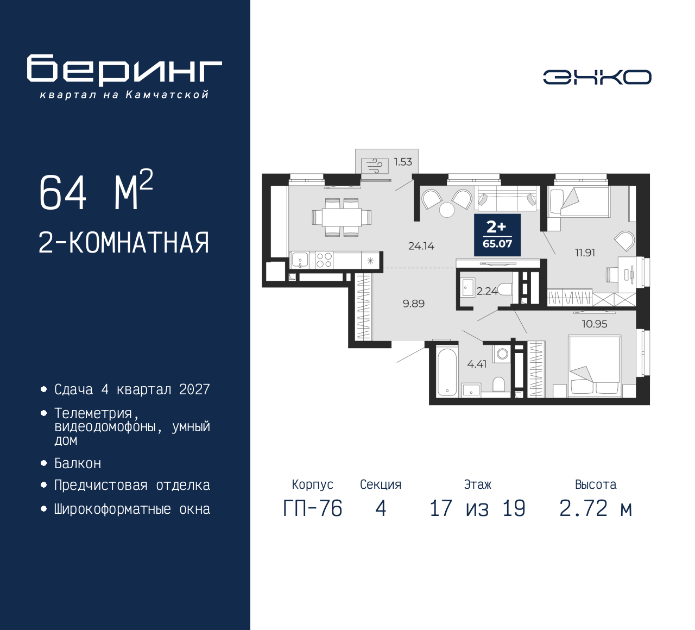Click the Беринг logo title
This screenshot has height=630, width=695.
[x=124, y=70]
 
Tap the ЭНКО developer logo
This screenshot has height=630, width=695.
[x=597, y=77]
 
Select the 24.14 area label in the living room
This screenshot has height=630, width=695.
[x=421, y=246]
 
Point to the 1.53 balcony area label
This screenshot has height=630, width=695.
[x=403, y=162]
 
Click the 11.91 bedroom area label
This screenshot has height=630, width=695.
[x=585, y=253]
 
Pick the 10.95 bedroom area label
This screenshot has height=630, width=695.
[x=594, y=324]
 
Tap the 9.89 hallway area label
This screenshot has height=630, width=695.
[x=413, y=304]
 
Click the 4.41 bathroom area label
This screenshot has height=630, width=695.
[x=477, y=364]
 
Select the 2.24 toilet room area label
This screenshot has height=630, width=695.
[x=487, y=291]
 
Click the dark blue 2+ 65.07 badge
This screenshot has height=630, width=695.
[x=497, y=235]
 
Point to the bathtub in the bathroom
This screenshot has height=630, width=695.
[x=447, y=372]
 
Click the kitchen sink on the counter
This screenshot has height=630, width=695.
[x=300, y=260]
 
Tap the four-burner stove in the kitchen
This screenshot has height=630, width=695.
[x=324, y=260]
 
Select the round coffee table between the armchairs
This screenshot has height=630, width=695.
[x=446, y=210]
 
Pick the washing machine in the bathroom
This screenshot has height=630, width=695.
[x=502, y=354]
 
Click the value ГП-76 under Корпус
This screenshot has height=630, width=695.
[x=313, y=508]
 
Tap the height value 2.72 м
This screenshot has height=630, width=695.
[x=596, y=508]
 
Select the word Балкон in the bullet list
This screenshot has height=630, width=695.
[x=78, y=463]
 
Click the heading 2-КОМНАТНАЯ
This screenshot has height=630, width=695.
[x=124, y=243]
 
